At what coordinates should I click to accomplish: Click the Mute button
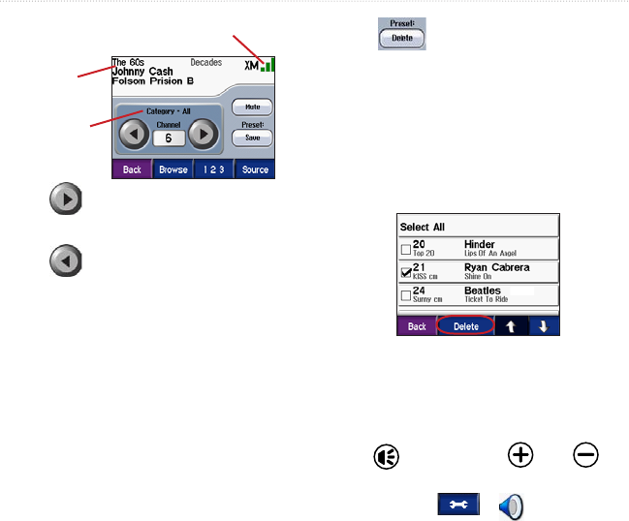[x=252, y=108]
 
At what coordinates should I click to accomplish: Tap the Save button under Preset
[x=252, y=138]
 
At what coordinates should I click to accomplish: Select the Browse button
[x=173, y=169]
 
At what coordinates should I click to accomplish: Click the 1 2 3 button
[x=211, y=169]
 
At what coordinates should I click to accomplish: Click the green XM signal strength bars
[x=267, y=65]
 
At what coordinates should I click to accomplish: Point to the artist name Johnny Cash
[x=144, y=71]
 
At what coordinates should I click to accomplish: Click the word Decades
[x=206, y=61]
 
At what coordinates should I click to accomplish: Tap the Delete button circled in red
[x=466, y=326]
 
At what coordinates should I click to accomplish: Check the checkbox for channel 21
[x=406, y=272]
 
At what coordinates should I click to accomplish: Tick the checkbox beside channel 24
[x=406, y=295]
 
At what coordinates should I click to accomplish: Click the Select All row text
[x=423, y=227]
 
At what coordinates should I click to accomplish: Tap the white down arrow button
[x=543, y=326]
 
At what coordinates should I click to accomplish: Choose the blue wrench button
[x=456, y=504]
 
